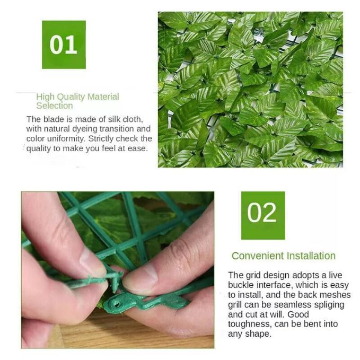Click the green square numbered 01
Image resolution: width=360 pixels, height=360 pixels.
tap(64, 45)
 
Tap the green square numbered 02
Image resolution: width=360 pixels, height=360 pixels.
tap(263, 215)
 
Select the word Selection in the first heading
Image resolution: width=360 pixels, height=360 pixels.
tap(55, 106)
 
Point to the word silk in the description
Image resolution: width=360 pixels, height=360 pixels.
tap(115, 119)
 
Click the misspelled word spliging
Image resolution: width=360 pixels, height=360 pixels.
tap(329, 305)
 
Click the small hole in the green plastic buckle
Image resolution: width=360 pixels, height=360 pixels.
tap(117, 304)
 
